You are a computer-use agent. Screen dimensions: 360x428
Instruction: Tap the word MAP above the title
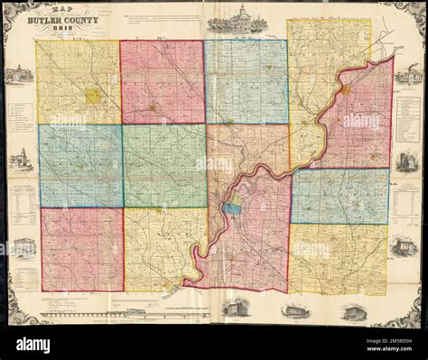[60, 8]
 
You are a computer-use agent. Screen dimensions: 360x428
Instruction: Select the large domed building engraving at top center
[234, 19]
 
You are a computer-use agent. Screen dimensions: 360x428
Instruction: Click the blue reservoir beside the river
[232, 208]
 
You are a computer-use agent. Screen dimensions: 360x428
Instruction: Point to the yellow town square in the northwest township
[92, 95]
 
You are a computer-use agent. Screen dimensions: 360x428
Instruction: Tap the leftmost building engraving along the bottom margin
[236, 309]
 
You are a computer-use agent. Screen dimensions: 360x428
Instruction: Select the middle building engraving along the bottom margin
[294, 310]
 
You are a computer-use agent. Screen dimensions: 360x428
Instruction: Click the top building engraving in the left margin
[17, 75]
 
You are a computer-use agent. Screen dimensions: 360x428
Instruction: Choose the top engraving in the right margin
[407, 74]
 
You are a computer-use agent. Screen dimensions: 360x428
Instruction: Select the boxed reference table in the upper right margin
[407, 118]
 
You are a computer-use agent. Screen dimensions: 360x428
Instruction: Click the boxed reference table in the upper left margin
[23, 122]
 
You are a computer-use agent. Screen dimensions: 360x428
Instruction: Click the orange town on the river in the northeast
[345, 90]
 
